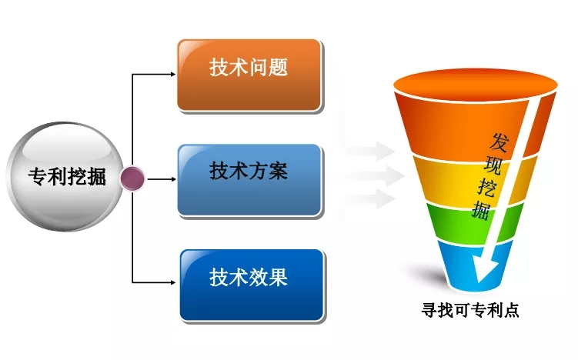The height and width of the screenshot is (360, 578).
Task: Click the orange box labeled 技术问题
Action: coord(249,75)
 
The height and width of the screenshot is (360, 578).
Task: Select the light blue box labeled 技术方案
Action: coord(249,180)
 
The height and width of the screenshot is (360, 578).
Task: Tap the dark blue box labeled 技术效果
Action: coord(252,285)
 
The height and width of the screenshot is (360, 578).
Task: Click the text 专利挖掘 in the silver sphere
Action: coord(67,176)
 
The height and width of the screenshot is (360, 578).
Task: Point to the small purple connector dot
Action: coord(132,178)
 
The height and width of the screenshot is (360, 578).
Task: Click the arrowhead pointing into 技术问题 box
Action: coord(173,75)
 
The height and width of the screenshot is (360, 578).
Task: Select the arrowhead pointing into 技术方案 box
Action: coord(173,179)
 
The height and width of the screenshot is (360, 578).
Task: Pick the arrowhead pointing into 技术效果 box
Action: coord(173,282)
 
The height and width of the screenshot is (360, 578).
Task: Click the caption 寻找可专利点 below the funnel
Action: coord(470,310)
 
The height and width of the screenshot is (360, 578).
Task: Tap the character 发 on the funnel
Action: coord(499,142)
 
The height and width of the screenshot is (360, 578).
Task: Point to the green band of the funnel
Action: coord(475,223)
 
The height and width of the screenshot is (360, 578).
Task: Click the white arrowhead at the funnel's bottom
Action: coord(485,268)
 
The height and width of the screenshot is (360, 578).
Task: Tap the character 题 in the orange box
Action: coord(278,68)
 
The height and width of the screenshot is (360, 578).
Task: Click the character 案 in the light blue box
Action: coord(278,171)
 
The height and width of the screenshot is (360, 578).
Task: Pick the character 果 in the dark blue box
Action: coord(278,277)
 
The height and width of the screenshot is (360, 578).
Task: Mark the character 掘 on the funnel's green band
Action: coord(481,210)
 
